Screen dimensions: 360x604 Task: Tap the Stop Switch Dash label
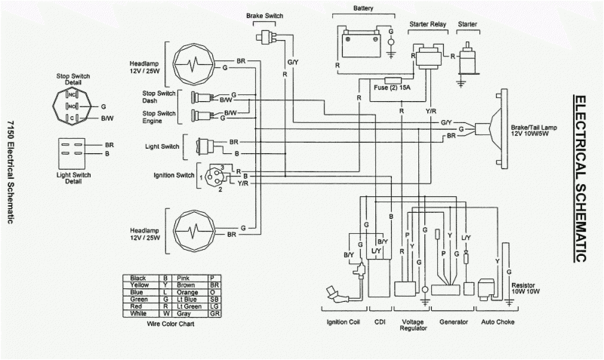pos(159,96)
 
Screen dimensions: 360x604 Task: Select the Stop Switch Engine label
pos(159,117)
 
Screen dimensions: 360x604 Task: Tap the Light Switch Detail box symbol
pos(74,148)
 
